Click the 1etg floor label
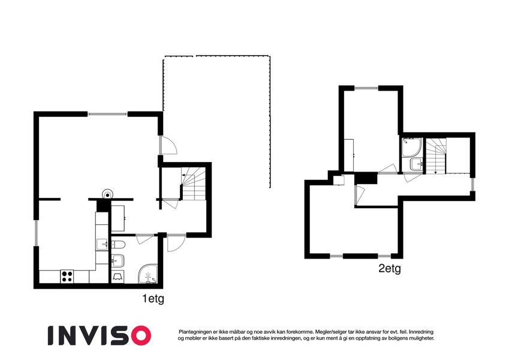153,299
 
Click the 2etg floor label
390,269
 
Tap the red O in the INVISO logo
139,335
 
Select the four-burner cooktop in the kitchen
67,277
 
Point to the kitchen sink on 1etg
102,244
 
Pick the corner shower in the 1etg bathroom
148,274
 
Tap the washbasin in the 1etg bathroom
118,260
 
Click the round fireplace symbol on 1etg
107,194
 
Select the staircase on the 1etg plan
194,184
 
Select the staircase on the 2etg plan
436,156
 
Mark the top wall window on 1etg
107,114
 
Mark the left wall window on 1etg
37,233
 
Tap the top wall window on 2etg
366,88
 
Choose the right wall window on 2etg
472,185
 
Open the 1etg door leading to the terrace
168,145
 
